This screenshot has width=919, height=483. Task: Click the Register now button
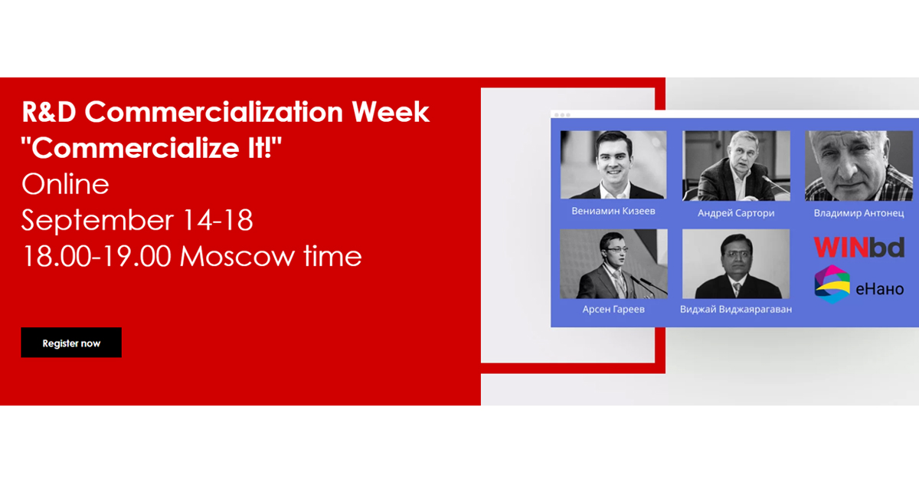71,343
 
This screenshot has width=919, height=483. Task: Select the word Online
65,185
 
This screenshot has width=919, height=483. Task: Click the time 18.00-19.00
96,256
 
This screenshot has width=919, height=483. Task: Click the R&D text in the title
49,113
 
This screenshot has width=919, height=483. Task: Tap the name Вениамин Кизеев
613,211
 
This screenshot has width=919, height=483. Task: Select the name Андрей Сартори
736,213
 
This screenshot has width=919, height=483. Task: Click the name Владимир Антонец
858,213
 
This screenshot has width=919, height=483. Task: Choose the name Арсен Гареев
613,309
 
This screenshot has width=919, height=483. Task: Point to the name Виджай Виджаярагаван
736,309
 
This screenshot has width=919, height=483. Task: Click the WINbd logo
858,247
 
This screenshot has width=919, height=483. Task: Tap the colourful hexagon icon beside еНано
832,284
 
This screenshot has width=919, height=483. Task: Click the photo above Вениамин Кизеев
613,165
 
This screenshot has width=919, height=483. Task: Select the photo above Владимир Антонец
858,165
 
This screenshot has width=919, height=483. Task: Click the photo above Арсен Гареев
613,264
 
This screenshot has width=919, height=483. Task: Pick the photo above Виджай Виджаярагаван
736,264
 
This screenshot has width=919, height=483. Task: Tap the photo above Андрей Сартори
736,165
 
